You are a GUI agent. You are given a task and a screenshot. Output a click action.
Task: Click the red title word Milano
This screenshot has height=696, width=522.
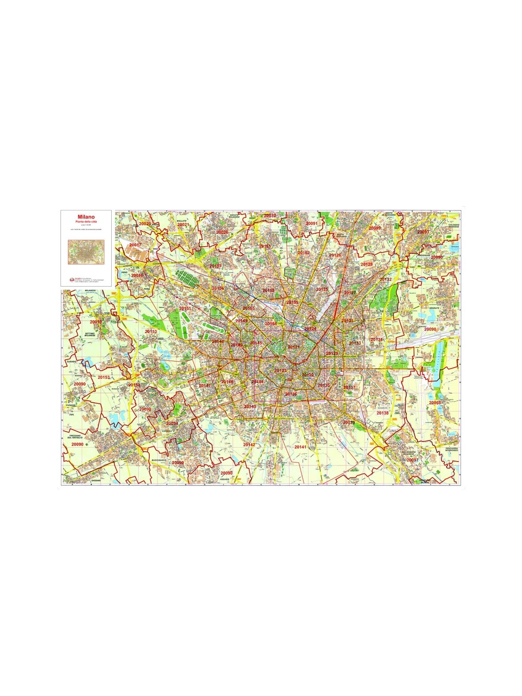86,216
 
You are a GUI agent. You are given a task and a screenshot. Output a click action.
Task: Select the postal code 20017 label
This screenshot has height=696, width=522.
135,245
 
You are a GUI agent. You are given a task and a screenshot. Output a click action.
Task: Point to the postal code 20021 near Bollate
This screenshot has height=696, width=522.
183,224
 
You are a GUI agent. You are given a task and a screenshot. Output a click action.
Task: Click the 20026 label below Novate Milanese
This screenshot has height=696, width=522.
222,232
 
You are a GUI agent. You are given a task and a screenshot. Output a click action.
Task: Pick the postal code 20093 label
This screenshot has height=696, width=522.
423,232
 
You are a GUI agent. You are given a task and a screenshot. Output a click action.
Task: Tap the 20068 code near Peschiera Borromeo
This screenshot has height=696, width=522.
435,403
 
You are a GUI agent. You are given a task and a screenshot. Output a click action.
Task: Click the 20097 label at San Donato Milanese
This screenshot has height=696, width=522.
412,460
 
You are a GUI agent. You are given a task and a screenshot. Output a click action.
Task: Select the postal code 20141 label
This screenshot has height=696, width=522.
300,447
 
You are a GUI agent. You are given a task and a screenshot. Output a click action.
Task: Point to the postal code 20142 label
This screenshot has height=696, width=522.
249,445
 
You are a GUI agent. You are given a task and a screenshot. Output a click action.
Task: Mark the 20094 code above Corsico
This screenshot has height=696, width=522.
172,423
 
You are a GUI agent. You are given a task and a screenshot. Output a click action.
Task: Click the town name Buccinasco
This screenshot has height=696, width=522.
159,460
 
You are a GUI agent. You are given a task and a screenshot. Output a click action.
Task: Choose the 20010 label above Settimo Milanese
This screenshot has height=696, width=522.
96,322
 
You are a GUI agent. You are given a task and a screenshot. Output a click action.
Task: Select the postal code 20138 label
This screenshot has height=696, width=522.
382,413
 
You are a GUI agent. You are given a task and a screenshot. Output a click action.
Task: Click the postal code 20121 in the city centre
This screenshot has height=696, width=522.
294,347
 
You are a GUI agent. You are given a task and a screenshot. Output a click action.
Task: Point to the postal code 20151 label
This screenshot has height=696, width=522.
185,308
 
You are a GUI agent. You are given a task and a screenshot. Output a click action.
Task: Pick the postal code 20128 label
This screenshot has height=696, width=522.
366,264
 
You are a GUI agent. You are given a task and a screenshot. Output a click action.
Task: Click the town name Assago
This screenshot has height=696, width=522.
224,479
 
